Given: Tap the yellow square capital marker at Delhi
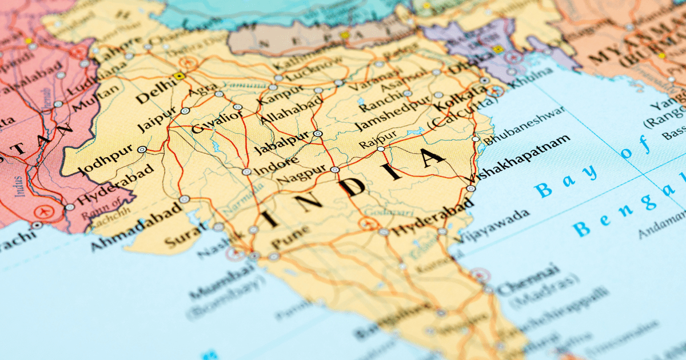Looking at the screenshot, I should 180,75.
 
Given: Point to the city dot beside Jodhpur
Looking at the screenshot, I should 142,150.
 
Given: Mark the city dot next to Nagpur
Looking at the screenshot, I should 335,170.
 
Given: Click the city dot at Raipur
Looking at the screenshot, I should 381,149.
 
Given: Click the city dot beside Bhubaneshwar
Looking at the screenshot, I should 476,139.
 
